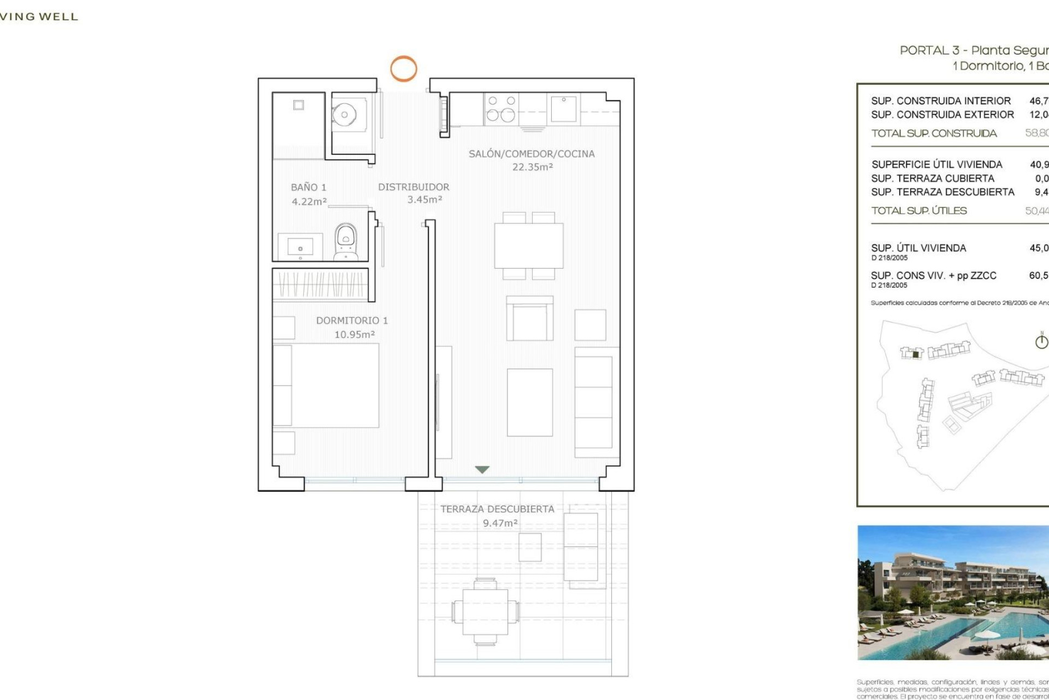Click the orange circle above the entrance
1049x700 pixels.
click(x=403, y=69)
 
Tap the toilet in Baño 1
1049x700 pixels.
click(x=346, y=241)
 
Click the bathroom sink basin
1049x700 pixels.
click(x=300, y=247)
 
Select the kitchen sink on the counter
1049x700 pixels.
click(x=563, y=108)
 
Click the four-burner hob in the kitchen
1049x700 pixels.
click(x=502, y=108)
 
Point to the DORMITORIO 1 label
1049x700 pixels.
click(x=352, y=320)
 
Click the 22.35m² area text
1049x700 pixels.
click(x=532, y=167)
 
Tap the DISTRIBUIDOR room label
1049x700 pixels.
click(x=414, y=187)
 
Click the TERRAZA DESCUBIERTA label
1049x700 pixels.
click(x=497, y=509)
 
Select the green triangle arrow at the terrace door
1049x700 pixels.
click(x=482, y=469)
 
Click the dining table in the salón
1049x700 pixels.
click(x=528, y=246)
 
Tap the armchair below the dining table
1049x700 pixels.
click(x=529, y=319)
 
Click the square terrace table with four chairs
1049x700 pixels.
click(x=485, y=611)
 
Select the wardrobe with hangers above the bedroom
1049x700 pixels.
click(x=320, y=284)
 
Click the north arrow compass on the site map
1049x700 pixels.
click(x=1041, y=341)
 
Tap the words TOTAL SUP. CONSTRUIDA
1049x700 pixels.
click(x=934, y=133)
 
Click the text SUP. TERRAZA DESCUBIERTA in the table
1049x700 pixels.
click(x=942, y=192)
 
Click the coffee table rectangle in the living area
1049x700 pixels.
click(x=529, y=402)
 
